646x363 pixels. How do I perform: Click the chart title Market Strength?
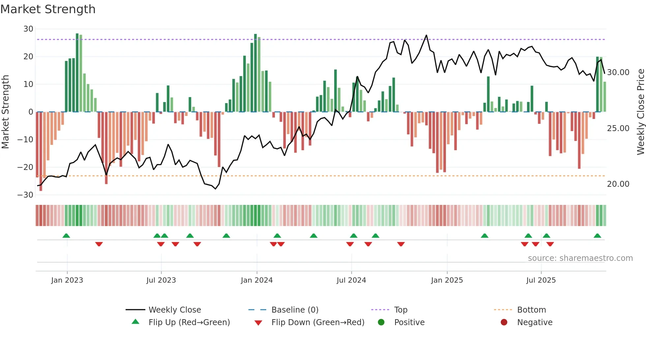click(48, 9)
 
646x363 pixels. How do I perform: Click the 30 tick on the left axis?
click(28, 29)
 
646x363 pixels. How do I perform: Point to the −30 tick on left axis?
click(25, 195)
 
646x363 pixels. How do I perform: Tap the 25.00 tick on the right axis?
click(618, 128)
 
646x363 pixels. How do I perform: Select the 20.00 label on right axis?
click(618, 184)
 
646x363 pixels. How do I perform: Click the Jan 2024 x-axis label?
click(257, 280)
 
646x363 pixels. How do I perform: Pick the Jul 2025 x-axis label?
click(541, 280)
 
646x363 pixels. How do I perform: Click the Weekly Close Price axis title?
click(640, 112)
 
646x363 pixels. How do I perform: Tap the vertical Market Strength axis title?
click(6, 112)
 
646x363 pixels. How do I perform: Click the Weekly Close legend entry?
click(174, 310)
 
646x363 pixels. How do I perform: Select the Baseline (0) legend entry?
click(295, 310)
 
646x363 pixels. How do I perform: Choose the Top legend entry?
click(400, 310)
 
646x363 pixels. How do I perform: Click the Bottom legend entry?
click(531, 310)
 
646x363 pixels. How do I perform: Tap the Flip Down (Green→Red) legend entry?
click(317, 322)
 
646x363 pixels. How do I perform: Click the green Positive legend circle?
click(381, 322)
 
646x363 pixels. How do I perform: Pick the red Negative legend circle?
click(504, 322)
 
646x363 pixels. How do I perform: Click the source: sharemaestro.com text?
click(580, 258)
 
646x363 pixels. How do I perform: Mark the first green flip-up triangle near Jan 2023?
click(66, 236)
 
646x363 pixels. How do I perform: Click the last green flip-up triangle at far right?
click(597, 236)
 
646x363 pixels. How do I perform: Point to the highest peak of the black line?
click(426, 35)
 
